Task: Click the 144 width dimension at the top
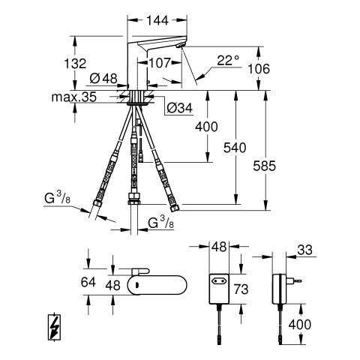(x=157, y=20)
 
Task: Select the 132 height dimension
(x=75, y=64)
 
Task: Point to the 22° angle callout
(x=228, y=60)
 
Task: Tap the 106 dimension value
(x=259, y=69)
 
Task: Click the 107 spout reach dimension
(x=160, y=63)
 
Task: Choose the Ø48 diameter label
(x=103, y=79)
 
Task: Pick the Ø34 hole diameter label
(x=180, y=108)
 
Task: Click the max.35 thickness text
(x=74, y=97)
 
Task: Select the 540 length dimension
(x=235, y=148)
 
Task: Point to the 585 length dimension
(x=264, y=166)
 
